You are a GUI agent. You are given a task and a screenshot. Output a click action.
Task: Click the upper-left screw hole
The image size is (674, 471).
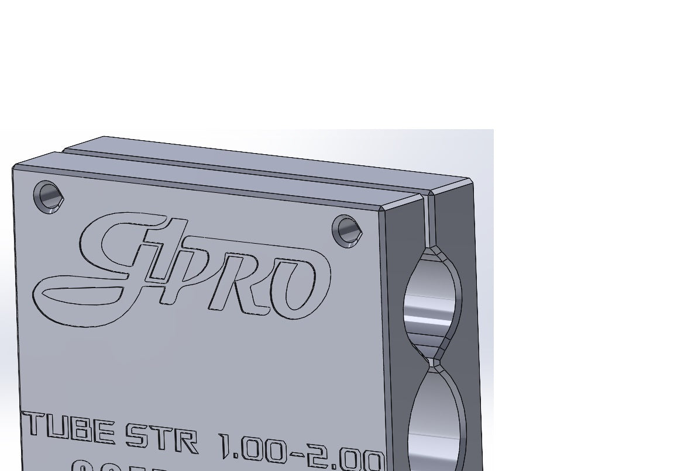48,197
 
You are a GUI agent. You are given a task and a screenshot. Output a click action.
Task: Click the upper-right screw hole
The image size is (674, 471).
347,231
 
